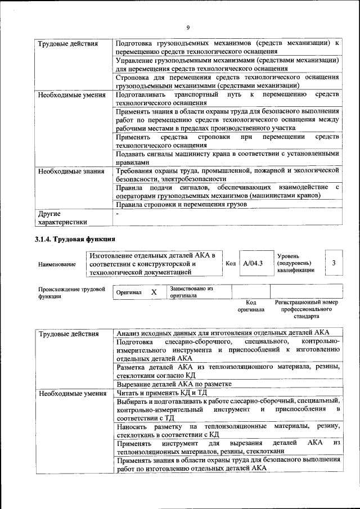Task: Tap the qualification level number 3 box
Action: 334,263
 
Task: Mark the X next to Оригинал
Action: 154,292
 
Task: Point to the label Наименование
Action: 57,264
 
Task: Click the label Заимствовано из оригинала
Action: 191,292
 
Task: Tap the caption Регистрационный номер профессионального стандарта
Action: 307,309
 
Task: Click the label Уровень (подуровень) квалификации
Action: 295,263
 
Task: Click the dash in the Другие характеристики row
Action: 118,214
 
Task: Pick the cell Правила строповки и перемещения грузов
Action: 181,205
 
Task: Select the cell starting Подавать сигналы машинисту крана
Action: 227,157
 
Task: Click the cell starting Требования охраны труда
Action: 227,174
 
